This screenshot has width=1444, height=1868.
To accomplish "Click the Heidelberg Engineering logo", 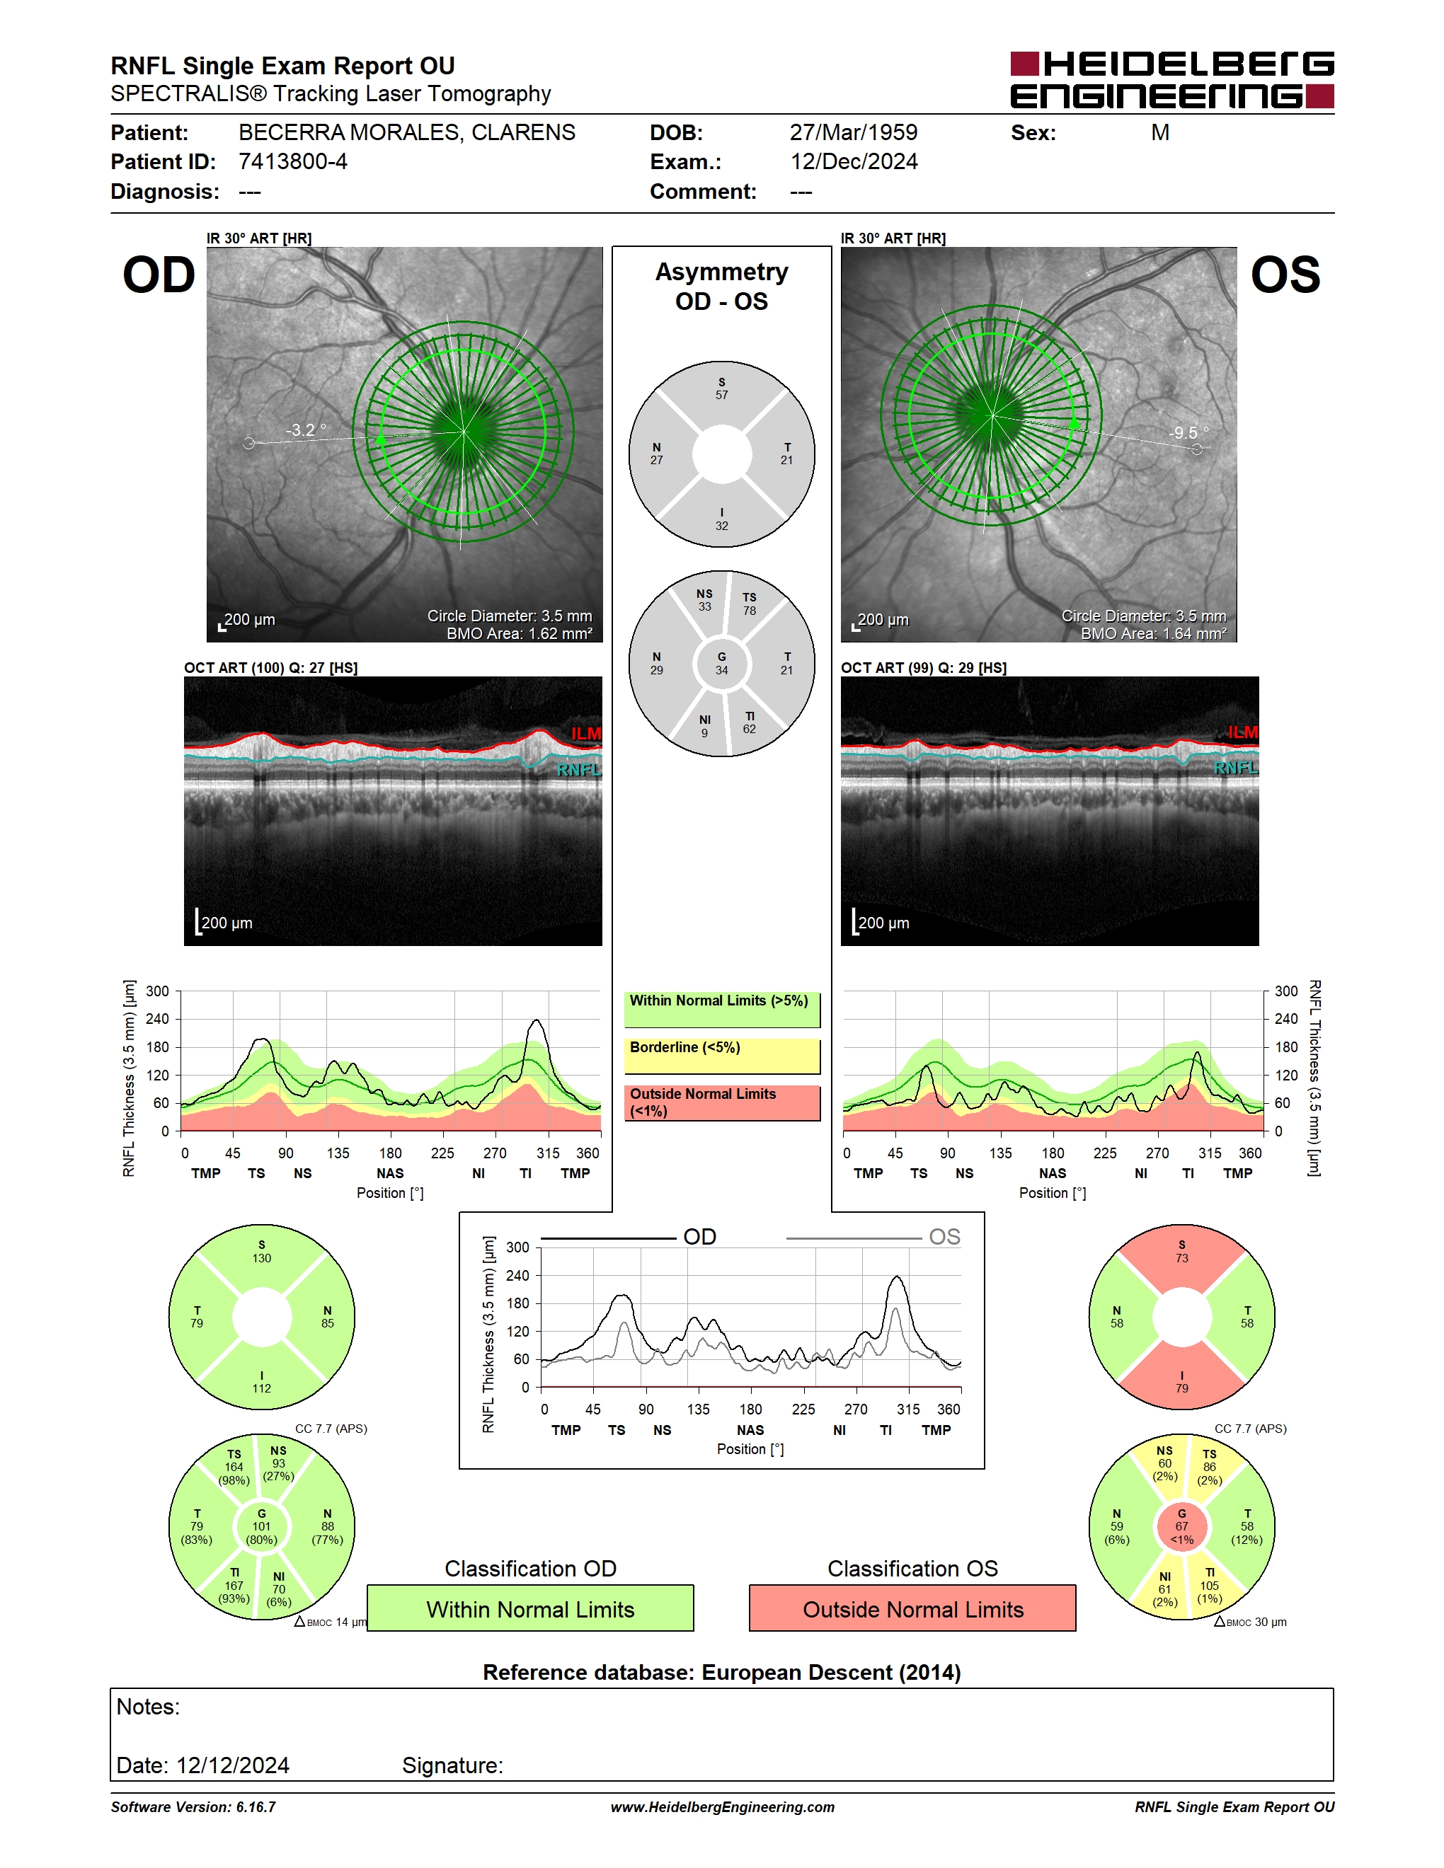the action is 1172,79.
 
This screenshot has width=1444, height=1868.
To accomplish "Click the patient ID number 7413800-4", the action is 292,161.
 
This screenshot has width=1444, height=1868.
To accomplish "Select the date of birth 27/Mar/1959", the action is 853,132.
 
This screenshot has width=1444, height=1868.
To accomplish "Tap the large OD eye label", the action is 159,275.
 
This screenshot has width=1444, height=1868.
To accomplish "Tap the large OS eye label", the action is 1285,275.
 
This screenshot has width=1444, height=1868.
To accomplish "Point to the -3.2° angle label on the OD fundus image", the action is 305,429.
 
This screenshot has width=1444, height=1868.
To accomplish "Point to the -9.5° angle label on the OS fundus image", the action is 1189,433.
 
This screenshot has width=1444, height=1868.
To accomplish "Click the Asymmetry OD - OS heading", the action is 722,287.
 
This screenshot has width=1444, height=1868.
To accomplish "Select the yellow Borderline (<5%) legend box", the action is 722,1056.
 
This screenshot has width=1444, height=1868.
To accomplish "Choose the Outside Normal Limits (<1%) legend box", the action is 722,1102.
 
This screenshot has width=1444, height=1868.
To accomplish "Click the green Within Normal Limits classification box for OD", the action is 530,1609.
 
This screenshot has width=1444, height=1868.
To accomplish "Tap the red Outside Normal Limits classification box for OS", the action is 913,1609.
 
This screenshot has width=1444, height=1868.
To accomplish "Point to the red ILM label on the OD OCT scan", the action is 587,734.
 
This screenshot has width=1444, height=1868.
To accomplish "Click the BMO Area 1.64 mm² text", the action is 1153,634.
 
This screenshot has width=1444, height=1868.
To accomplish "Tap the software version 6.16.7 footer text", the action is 193,1807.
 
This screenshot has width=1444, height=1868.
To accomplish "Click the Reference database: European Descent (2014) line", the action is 722,1672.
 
